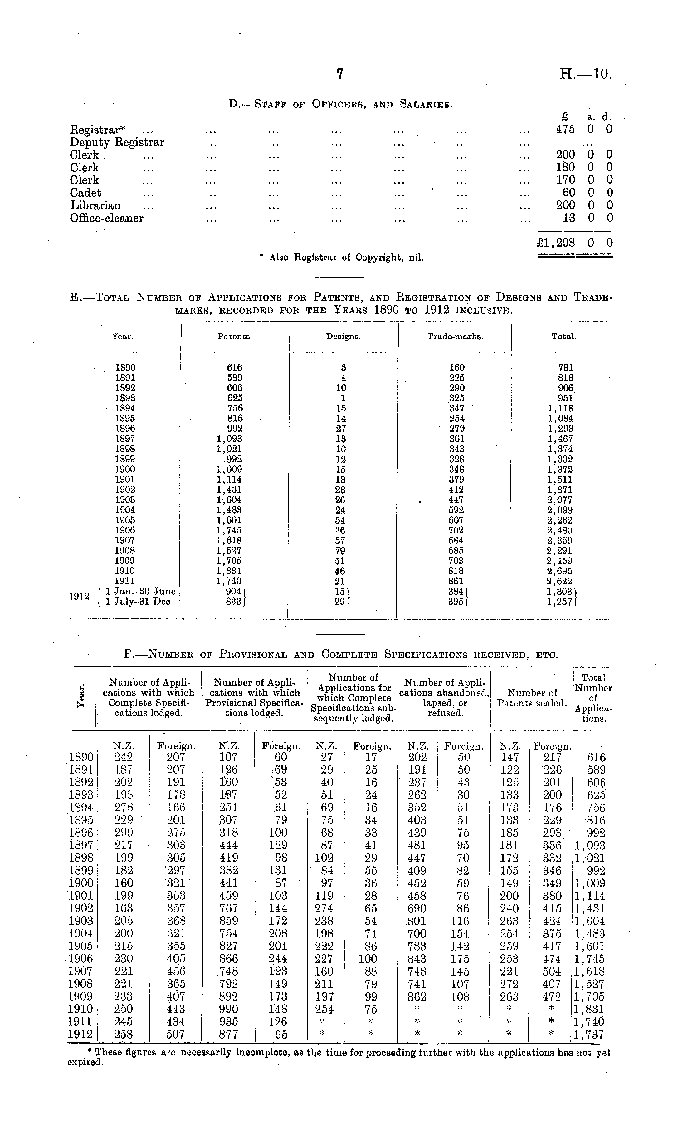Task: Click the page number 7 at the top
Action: pos(339,74)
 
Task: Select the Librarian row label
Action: pos(95,205)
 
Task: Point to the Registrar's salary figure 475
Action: pos(565,129)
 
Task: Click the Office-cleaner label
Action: pos(106,218)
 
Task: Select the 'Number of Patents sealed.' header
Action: pos(532,698)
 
